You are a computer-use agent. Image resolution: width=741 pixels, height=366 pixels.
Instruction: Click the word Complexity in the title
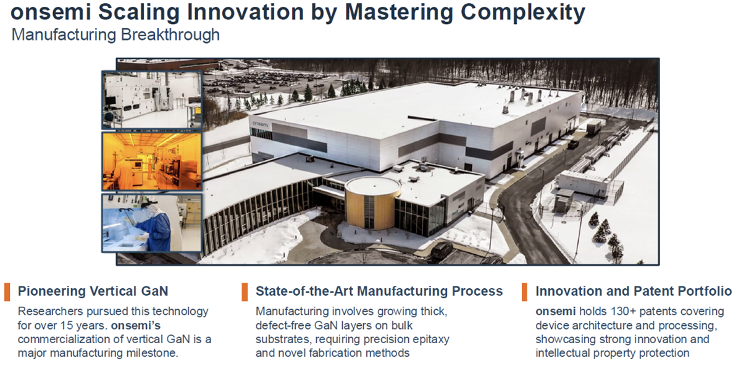tap(523, 13)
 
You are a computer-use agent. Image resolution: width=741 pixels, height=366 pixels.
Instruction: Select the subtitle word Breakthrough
tap(170, 35)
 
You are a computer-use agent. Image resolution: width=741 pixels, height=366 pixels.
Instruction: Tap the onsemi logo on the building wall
tap(260, 124)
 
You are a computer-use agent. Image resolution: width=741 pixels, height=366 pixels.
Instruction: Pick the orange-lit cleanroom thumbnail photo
tap(151, 161)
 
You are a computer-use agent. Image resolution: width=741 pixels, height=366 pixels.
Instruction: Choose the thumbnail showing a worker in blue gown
tap(151, 223)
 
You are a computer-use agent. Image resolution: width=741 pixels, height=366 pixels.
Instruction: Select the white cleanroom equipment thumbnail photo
tap(151, 99)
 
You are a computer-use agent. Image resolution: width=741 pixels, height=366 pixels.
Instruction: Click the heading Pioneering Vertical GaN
tap(93, 291)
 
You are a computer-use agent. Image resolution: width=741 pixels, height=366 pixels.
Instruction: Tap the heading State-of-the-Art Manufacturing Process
tap(379, 291)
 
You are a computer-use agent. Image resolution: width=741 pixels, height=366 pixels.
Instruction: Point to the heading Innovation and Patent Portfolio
tap(634, 291)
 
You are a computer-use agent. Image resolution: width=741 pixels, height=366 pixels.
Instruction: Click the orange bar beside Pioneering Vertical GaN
tap(7, 292)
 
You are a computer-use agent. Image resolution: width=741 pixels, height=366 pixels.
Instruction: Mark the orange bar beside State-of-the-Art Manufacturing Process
tap(245, 292)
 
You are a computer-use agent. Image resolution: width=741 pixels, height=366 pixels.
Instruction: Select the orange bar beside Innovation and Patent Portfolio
tap(524, 292)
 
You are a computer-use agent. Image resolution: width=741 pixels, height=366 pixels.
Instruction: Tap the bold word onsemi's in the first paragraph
tap(136, 325)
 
